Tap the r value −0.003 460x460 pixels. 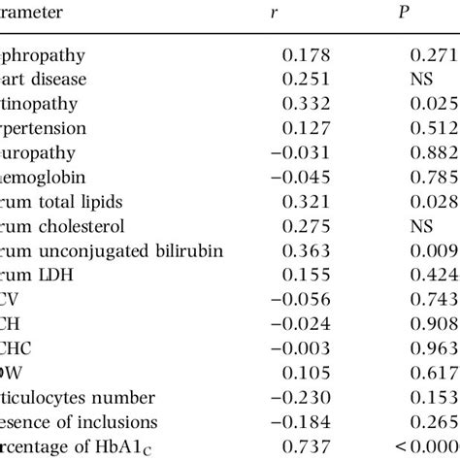(x=301, y=374)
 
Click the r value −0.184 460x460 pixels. (x=301, y=423)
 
